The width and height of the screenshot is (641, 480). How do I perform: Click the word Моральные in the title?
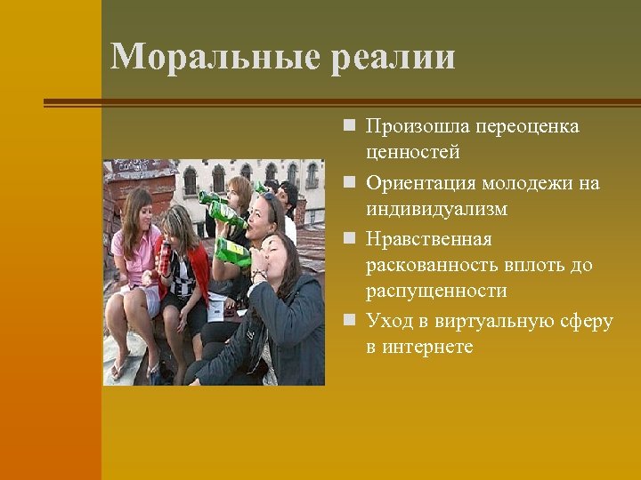tap(215, 57)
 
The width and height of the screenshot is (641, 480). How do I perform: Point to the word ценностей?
tap(412, 154)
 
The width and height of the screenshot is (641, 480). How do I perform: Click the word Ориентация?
tap(421, 183)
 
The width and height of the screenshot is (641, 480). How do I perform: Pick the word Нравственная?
tap(428, 239)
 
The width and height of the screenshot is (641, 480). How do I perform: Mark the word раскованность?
tap(434, 266)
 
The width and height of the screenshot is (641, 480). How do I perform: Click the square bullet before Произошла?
tap(353, 126)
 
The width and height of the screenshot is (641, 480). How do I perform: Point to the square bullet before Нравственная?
tap(353, 239)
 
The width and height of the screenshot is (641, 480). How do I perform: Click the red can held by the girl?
tap(166, 259)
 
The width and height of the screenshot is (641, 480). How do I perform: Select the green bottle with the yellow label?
tap(232, 252)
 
